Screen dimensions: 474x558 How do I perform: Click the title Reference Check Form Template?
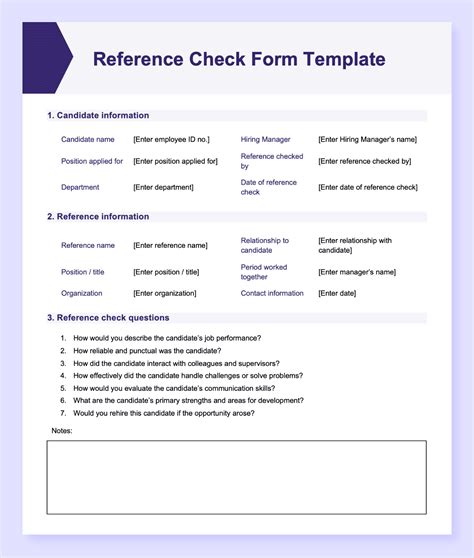point(238,59)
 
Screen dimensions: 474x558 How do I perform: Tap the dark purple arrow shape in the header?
point(46,58)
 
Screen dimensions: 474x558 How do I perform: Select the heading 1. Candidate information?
point(98,116)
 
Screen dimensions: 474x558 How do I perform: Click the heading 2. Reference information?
point(98,217)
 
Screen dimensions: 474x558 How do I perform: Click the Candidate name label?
point(88,139)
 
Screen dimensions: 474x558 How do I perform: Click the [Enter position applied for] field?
point(175,161)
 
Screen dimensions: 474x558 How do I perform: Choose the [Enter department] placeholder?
point(166,187)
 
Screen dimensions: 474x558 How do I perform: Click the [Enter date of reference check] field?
point(367,187)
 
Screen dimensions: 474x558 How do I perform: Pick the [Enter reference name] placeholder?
point(170,245)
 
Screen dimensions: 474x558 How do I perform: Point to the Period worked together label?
point(264,272)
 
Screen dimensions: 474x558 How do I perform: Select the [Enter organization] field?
point(165,294)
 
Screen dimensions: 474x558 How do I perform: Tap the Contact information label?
point(272,294)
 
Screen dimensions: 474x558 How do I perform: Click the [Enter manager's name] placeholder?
point(359,272)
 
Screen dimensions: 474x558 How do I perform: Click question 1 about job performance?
point(166,338)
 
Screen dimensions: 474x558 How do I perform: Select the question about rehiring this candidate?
point(163,413)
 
